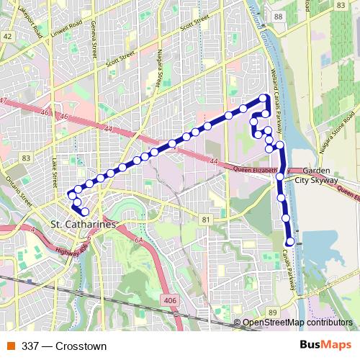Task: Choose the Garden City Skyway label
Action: pyautogui.click(x=320, y=175)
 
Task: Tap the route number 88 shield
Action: pyautogui.click(x=279, y=17)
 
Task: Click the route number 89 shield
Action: pyautogui.click(x=271, y=311)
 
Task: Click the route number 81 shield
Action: pyautogui.click(x=207, y=219)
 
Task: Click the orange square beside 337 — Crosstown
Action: pyautogui.click(x=11, y=346)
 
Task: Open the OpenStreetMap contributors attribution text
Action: pyautogui.click(x=300, y=322)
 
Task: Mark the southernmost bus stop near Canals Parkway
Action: pyautogui.click(x=290, y=242)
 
